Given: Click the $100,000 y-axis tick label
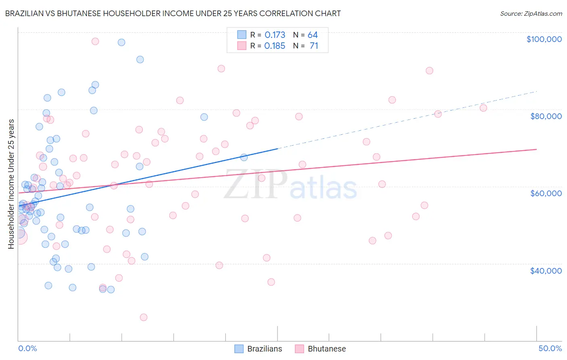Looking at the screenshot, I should pyautogui.click(x=544, y=39).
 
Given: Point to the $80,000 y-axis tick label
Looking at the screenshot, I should pyautogui.click(x=546, y=116).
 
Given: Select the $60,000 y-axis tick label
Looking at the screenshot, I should pyautogui.click(x=546, y=193).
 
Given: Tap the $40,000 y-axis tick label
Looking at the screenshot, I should pyautogui.click(x=546, y=270).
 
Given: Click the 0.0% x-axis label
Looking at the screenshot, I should pyautogui.click(x=27, y=348).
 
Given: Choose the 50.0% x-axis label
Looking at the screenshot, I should pyautogui.click(x=550, y=348).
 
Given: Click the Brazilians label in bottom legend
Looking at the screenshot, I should pyautogui.click(x=265, y=349).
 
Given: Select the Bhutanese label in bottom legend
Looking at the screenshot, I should pyautogui.click(x=327, y=349).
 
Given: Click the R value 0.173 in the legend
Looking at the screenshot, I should pyautogui.click(x=275, y=35).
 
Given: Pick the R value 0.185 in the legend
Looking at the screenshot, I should pyautogui.click(x=275, y=46).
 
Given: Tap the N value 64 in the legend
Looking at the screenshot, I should pyautogui.click(x=313, y=35).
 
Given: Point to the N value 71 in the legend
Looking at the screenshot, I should pyautogui.click(x=314, y=46).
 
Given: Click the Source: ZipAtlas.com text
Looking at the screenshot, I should pyautogui.click(x=531, y=14).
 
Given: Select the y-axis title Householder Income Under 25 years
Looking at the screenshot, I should pyautogui.click(x=11, y=184).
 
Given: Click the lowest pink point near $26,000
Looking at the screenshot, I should pyautogui.click(x=144, y=317).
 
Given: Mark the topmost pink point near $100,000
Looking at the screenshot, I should pyautogui.click(x=95, y=41).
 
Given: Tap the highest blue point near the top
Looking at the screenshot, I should pyautogui.click(x=121, y=42).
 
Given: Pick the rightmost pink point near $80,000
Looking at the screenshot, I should pyautogui.click(x=484, y=108).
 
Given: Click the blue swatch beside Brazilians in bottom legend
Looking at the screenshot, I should pyautogui.click(x=239, y=349).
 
